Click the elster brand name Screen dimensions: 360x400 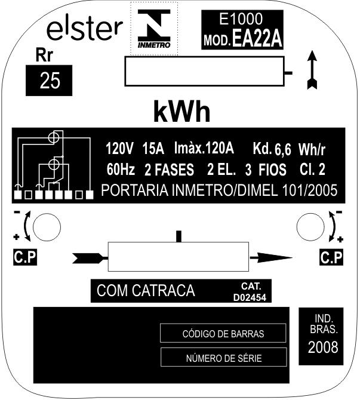85,29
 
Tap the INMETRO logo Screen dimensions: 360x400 154,29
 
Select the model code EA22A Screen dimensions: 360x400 257,39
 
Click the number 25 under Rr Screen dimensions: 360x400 50,81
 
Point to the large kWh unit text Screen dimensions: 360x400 182,112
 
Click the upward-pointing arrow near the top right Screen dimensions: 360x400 312,70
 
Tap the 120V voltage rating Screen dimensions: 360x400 119,149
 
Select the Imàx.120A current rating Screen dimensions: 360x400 204,148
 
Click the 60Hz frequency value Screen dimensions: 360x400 121,169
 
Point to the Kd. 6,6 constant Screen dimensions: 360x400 272,149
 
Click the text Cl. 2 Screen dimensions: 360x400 313,169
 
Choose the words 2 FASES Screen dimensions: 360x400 169,170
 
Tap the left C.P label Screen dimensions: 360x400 25,257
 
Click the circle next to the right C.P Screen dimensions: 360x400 310,227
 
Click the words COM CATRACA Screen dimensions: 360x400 146,291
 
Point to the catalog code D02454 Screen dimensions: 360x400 250,297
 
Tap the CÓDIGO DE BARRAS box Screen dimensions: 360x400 223,333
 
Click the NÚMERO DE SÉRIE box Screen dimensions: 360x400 223,358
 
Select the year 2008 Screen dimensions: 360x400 323,347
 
